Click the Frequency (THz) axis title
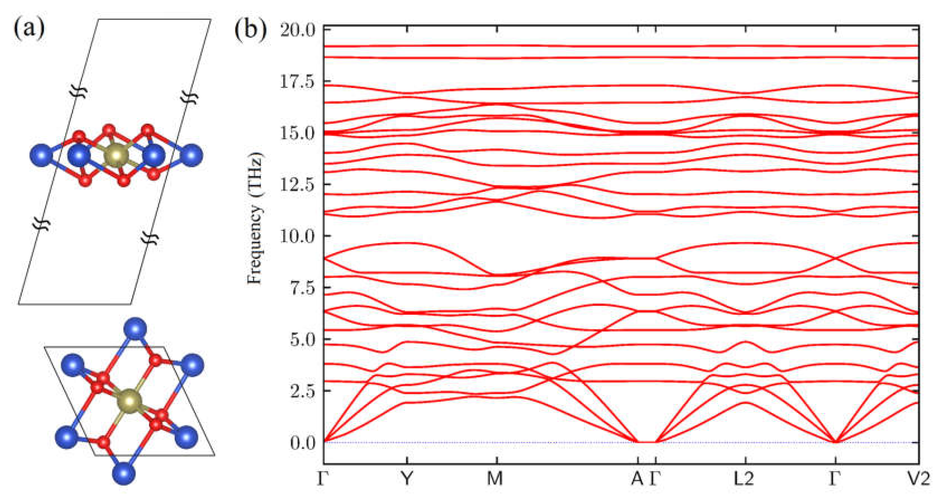[x=255, y=219]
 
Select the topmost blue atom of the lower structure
[x=135, y=329]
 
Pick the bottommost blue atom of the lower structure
[x=124, y=474]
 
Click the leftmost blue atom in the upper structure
[x=41, y=155]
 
